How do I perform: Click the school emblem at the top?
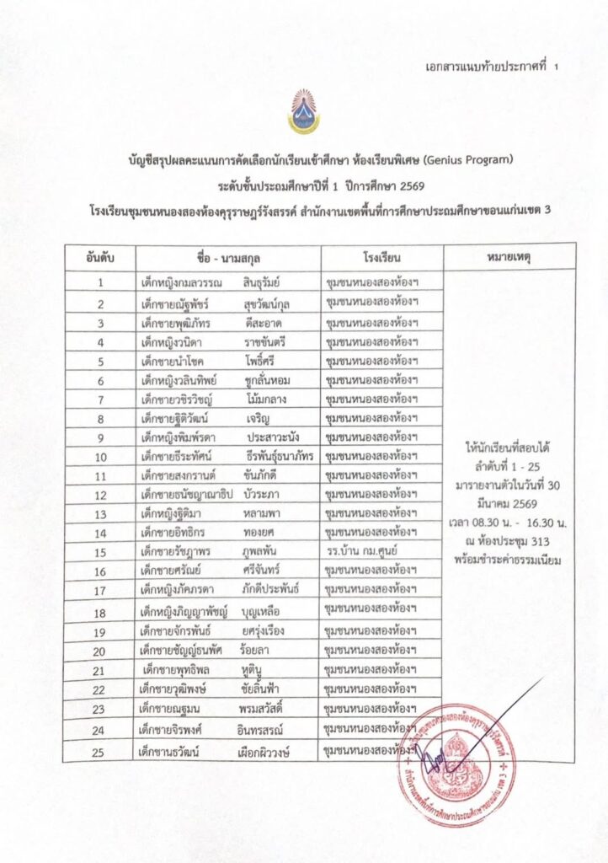click(x=303, y=111)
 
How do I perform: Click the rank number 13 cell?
click(x=100, y=514)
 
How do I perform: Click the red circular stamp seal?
click(x=456, y=753)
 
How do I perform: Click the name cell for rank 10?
click(x=227, y=457)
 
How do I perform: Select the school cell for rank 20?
click(x=371, y=650)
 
